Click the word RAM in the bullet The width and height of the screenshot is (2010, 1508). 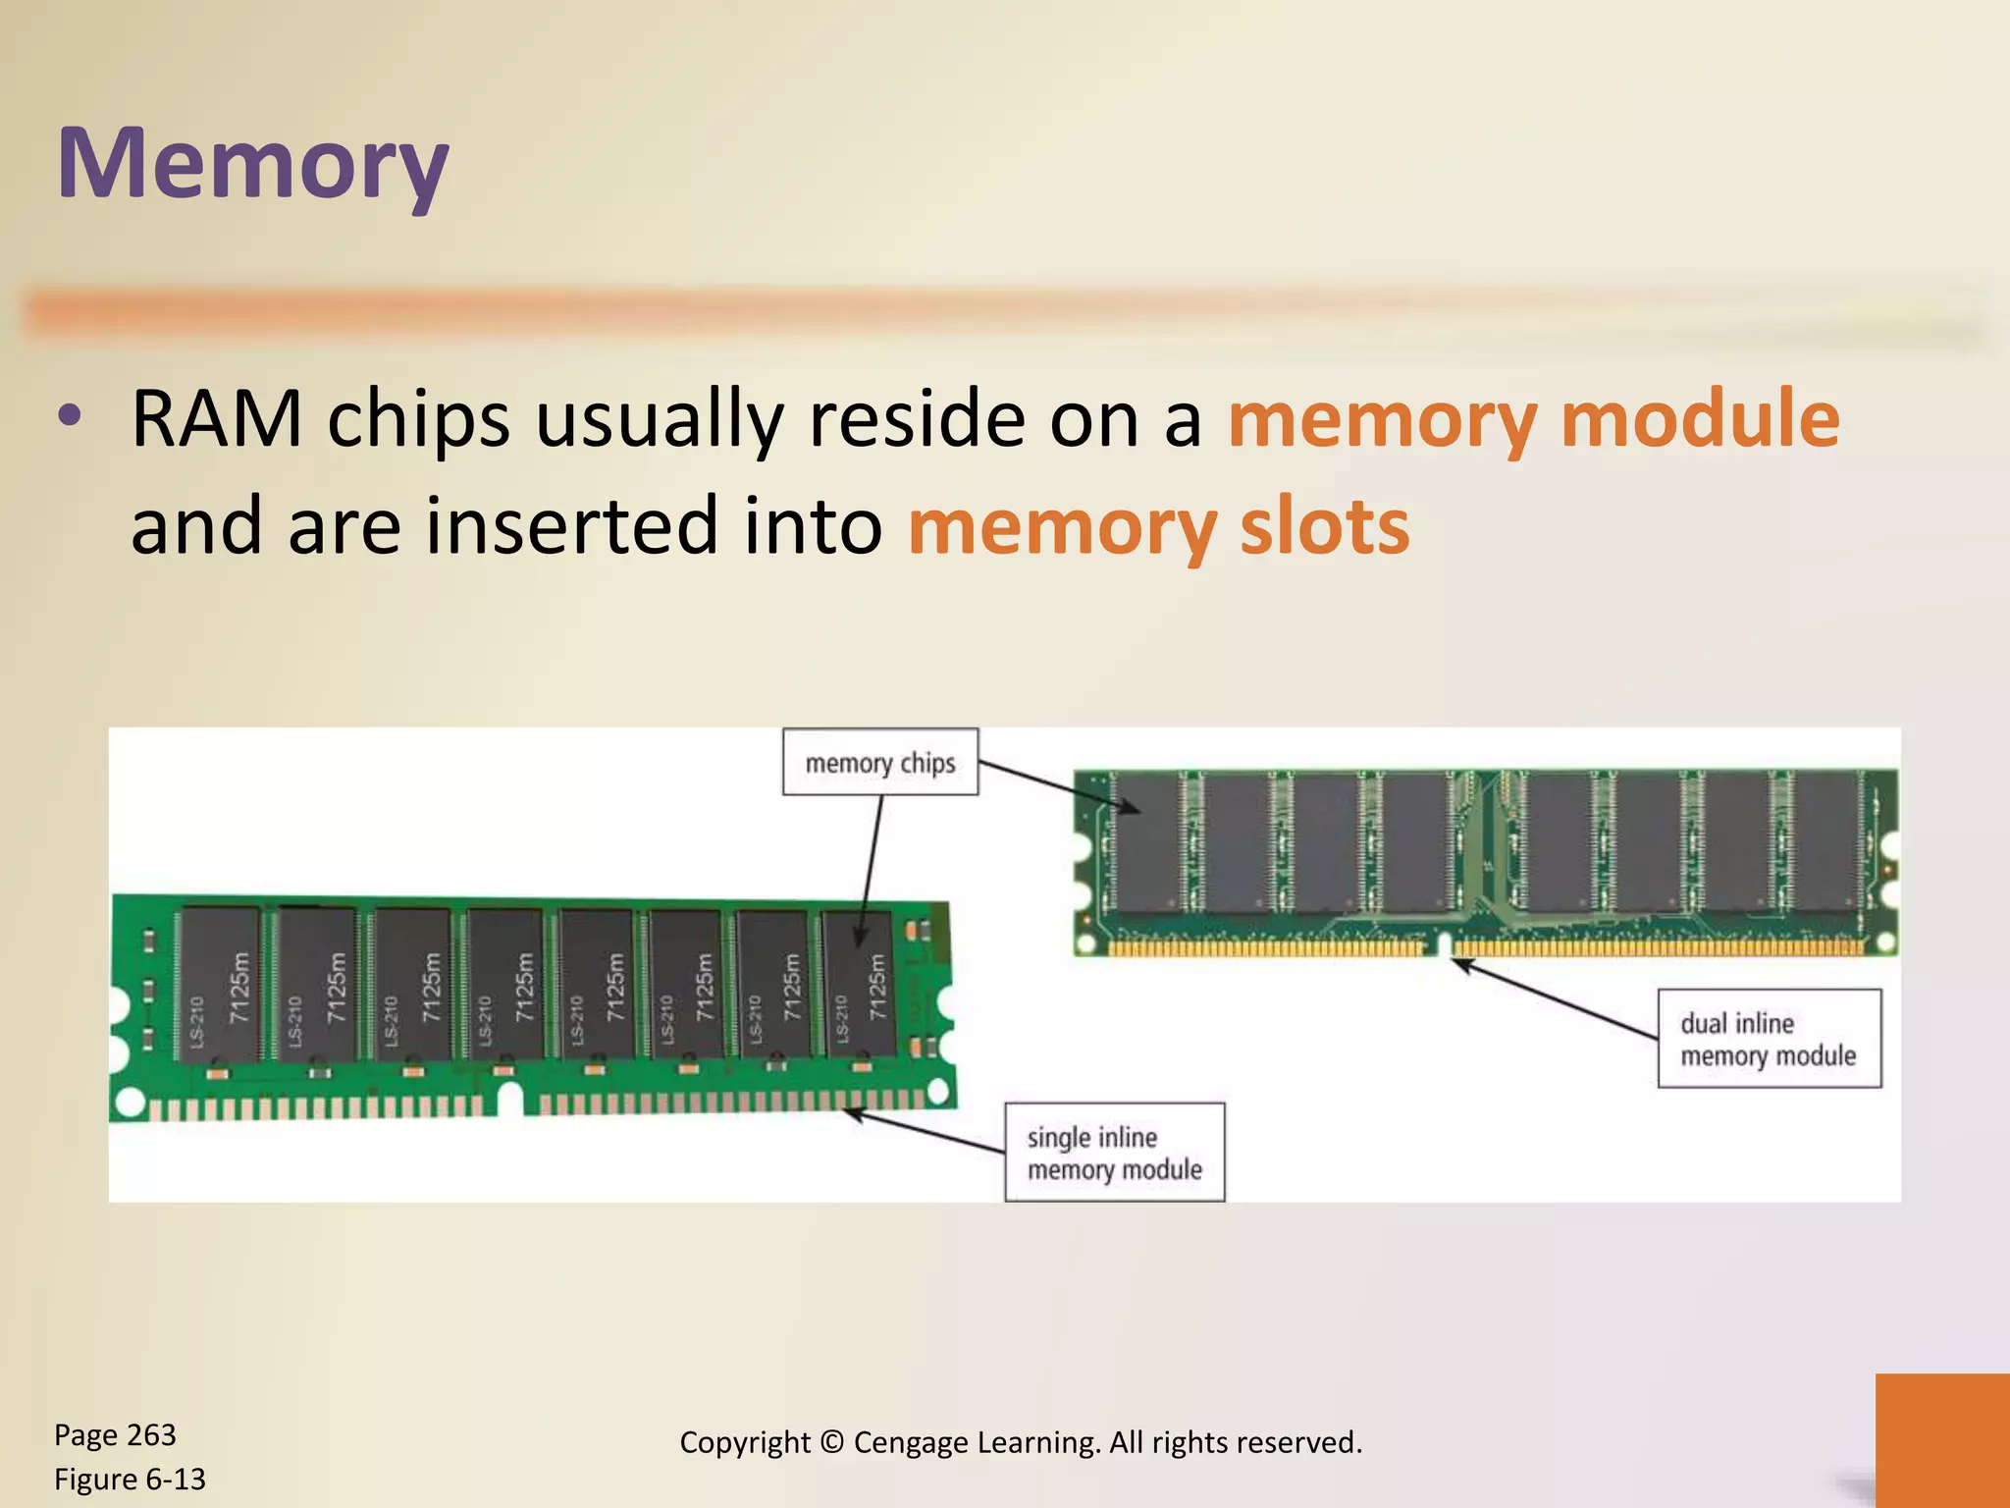(x=216, y=420)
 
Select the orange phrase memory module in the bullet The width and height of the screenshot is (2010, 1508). (x=1533, y=420)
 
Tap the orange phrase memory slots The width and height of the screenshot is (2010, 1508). (x=1158, y=527)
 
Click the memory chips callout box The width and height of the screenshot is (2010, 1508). (x=880, y=762)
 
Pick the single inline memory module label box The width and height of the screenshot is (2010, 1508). (x=1114, y=1153)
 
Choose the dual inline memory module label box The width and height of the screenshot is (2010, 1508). (x=1769, y=1039)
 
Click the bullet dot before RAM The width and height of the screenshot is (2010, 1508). (x=69, y=416)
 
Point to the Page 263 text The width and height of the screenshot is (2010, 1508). (x=115, y=1435)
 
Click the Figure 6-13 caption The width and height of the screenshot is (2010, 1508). (x=130, y=1480)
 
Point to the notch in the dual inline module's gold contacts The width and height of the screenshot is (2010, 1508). (x=1444, y=944)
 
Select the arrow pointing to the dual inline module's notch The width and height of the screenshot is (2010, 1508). (x=1556, y=998)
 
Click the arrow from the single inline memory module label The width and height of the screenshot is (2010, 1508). (x=923, y=1131)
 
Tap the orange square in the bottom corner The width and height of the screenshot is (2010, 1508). (x=1942, y=1440)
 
